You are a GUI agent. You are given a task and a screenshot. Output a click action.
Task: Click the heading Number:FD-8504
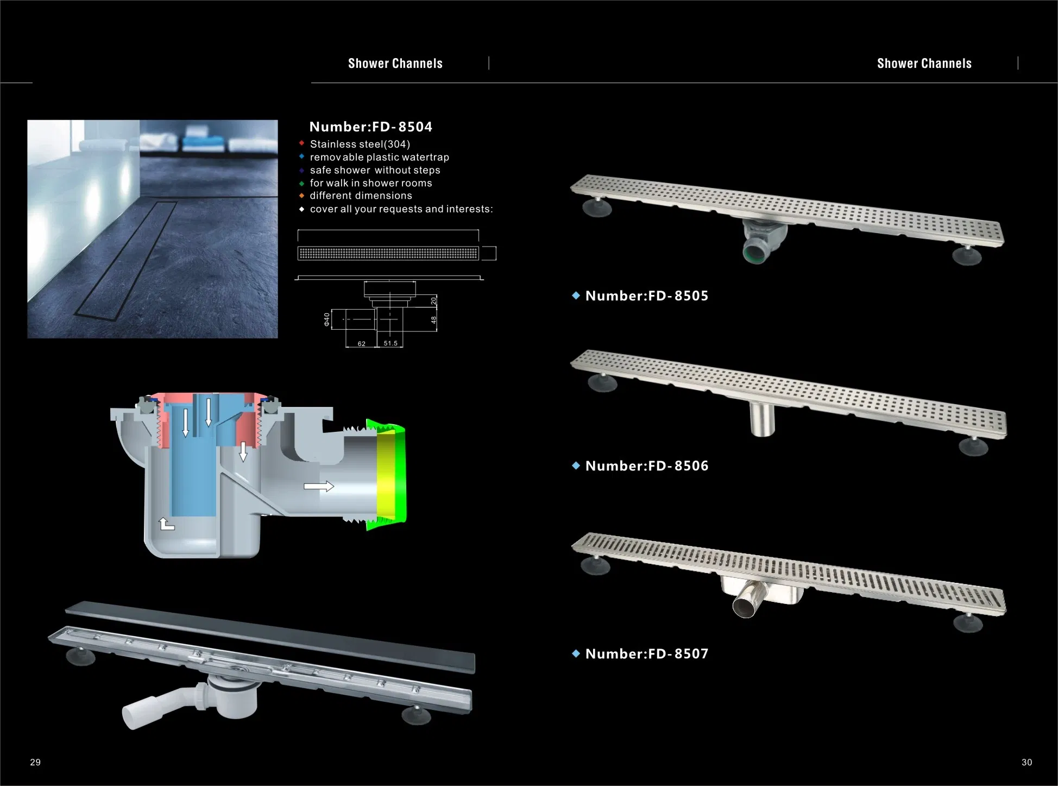370,127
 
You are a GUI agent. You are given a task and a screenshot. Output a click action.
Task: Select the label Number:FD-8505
646,296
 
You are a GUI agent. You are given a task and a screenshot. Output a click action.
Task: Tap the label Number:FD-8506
646,466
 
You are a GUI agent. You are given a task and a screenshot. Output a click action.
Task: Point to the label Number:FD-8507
646,654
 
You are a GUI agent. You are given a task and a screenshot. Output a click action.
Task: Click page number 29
35,763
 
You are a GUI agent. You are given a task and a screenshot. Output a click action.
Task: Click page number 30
1026,763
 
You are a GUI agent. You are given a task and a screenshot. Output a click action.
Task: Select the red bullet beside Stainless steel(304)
301,143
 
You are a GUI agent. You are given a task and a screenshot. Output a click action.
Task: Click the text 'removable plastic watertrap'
379,158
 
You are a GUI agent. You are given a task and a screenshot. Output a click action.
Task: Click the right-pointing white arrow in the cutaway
318,486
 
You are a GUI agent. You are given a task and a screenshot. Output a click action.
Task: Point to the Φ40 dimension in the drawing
327,319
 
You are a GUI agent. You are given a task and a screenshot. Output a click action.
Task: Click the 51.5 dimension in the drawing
391,343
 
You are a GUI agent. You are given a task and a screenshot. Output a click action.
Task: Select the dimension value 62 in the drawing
361,344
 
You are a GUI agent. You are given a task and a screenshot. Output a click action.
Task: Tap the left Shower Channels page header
395,64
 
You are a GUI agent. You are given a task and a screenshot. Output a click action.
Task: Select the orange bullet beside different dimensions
301,196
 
